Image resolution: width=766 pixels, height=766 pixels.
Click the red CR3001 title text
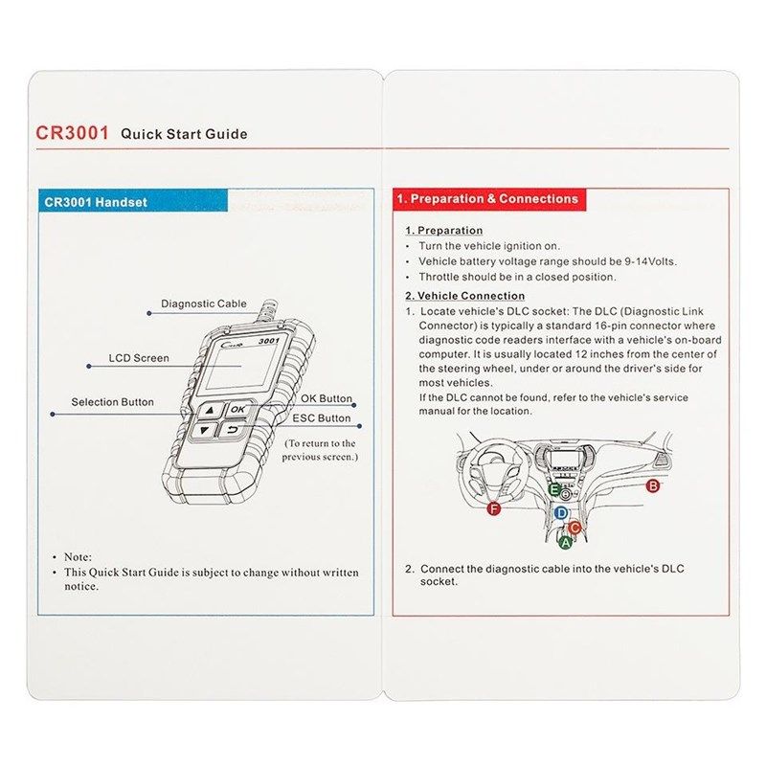[71, 133]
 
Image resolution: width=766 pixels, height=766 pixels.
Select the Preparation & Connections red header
[488, 199]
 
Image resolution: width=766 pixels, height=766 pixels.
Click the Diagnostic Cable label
[204, 304]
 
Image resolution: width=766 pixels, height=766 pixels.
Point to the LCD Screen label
[139, 358]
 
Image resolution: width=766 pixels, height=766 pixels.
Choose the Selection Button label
[112, 402]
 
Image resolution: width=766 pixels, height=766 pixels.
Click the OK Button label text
[327, 398]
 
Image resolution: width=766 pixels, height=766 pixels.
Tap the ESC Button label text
[321, 418]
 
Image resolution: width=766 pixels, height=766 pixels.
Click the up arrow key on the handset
[207, 410]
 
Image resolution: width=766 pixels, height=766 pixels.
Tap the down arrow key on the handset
[203, 431]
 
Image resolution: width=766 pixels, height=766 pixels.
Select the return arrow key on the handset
[233, 431]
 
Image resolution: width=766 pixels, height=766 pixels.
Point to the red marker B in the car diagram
[654, 485]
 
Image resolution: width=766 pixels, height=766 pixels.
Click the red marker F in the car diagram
[494, 508]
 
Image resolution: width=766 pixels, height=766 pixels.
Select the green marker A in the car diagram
[565, 542]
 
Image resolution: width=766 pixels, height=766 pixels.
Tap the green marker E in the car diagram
[554, 489]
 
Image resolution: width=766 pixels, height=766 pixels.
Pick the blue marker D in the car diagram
[561, 513]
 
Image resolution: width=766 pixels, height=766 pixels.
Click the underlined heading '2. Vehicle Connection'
[464, 296]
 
